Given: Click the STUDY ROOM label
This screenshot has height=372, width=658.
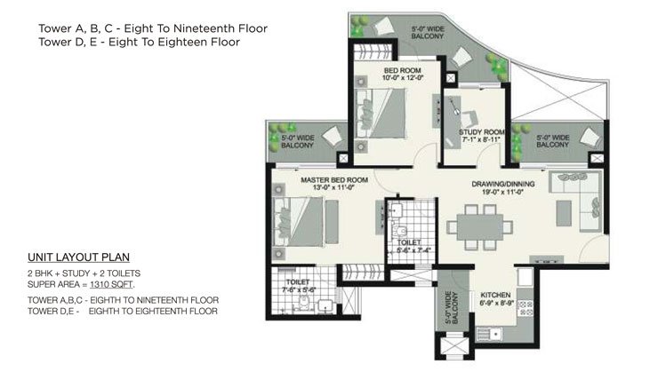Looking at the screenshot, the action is [482, 132].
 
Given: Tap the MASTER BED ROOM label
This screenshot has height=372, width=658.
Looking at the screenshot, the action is [334, 180].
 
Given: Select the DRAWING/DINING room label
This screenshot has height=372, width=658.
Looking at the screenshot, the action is [503, 184].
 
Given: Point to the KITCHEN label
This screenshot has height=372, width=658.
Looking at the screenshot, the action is [495, 295].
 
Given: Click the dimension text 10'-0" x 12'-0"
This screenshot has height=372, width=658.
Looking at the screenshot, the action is [403, 78].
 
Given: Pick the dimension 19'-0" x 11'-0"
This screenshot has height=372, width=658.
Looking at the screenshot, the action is [503, 192].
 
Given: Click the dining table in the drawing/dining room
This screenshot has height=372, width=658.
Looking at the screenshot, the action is [479, 227].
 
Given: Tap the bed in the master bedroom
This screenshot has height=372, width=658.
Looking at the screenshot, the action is [299, 222].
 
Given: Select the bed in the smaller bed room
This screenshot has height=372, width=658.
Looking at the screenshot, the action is [381, 113].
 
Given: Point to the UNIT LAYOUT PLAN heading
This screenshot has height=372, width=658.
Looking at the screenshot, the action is [78, 257].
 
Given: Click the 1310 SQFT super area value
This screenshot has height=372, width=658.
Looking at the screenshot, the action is [111, 284].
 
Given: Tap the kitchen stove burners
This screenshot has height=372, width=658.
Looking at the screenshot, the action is [526, 308].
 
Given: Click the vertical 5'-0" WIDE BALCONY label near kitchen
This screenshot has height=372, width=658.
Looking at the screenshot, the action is [452, 308].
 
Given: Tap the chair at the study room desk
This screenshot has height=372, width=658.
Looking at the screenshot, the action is [469, 118].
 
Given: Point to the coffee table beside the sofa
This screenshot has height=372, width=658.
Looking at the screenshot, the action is [564, 213].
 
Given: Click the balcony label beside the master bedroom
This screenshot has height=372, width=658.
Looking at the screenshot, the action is [297, 141].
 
